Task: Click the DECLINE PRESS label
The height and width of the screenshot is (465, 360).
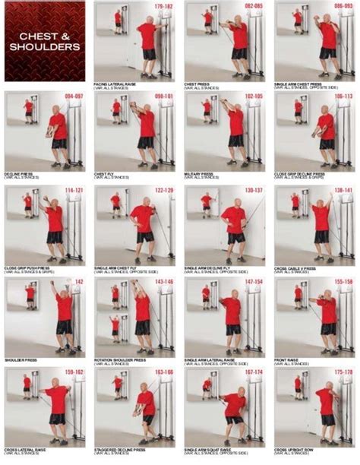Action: [x=19, y=174]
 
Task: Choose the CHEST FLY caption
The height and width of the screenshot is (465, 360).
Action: [x=106, y=174]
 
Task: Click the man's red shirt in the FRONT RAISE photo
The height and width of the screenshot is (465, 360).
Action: [x=327, y=310]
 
